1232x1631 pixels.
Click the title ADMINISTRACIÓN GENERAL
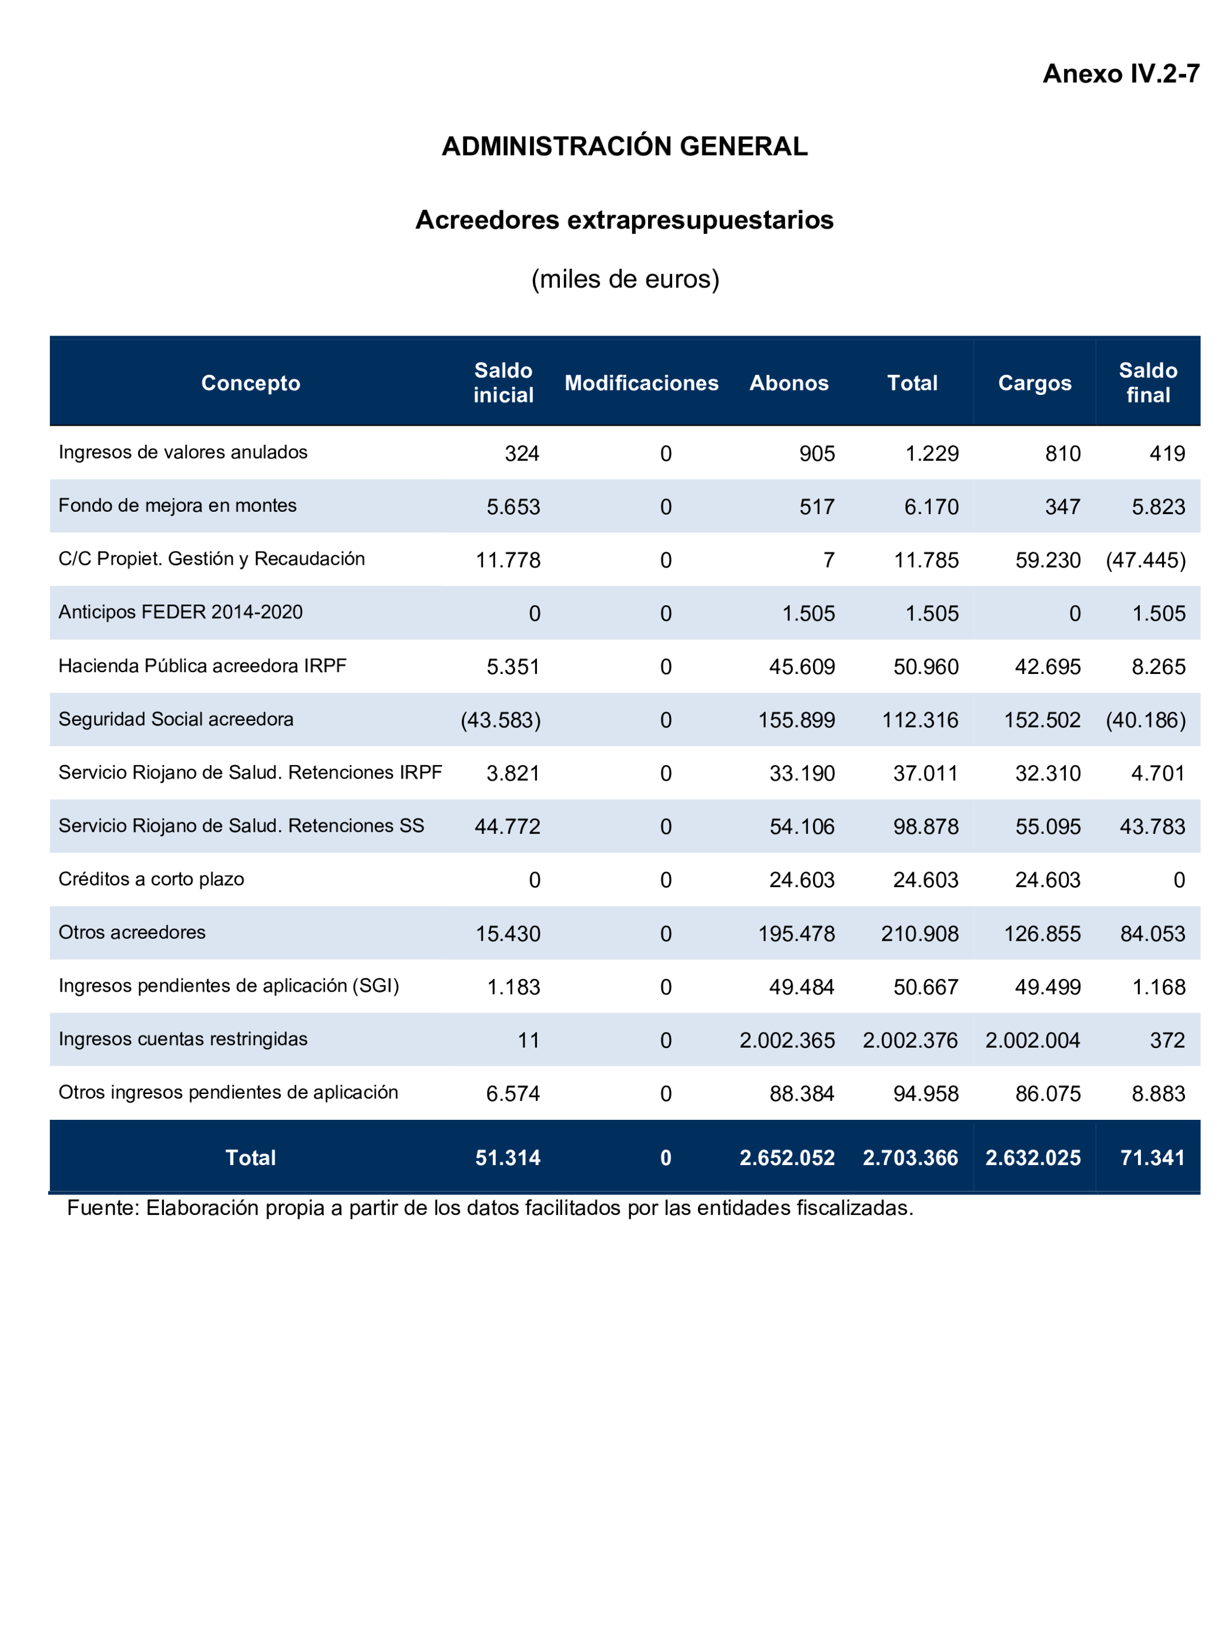click(x=624, y=146)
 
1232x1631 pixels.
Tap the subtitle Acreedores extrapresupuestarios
click(x=624, y=220)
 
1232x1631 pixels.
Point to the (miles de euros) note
click(x=625, y=278)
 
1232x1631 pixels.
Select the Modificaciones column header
click(x=641, y=382)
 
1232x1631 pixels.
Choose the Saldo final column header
click(x=1147, y=382)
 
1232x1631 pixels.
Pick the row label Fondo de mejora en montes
click(x=177, y=505)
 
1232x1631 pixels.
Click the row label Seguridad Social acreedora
click(x=176, y=719)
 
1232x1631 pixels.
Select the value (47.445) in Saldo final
click(x=1145, y=561)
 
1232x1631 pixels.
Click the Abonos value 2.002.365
click(x=787, y=1041)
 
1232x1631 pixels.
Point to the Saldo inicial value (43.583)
click(x=501, y=720)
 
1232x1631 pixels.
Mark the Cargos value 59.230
click(x=1047, y=561)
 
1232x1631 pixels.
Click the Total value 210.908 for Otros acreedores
click(x=919, y=934)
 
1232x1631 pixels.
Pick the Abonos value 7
click(x=829, y=561)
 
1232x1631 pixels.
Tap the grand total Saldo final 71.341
click(x=1152, y=1157)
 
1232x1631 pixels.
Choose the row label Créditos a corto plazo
click(x=151, y=879)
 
